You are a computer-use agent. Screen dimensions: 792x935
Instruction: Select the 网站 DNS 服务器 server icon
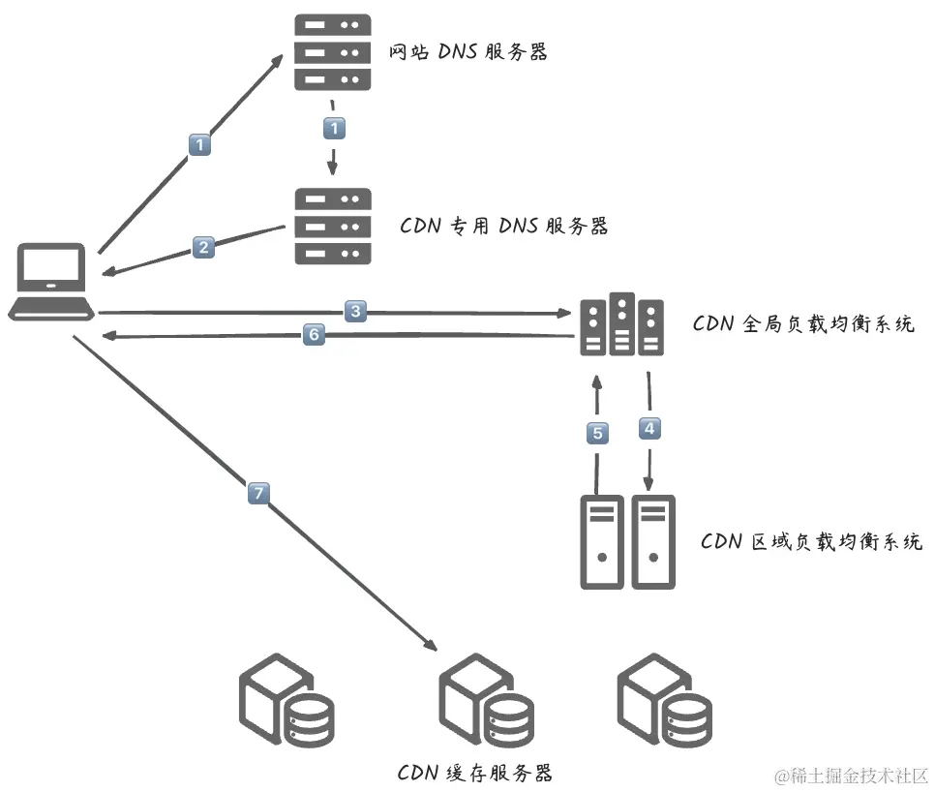pos(332,52)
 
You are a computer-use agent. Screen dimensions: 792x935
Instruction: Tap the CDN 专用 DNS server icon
pos(332,226)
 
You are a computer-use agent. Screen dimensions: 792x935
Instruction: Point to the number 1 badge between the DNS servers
pos(334,128)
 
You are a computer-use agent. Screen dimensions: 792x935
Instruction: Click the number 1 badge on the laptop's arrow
pos(199,145)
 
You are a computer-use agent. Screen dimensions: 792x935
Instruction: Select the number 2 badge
pos(202,247)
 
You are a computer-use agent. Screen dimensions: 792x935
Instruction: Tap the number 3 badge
pos(356,311)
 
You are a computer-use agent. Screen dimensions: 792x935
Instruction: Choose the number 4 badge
pos(648,426)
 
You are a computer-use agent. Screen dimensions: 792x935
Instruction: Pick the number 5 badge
pos(597,433)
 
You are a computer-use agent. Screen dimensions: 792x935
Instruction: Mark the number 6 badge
pos(312,335)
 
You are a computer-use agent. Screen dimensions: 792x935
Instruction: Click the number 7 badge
pos(257,494)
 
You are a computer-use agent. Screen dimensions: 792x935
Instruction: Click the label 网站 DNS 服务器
pos(467,52)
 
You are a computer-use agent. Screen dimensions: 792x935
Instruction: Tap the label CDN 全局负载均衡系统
pos(803,323)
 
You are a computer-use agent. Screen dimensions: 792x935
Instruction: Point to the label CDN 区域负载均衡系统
pos(811,540)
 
